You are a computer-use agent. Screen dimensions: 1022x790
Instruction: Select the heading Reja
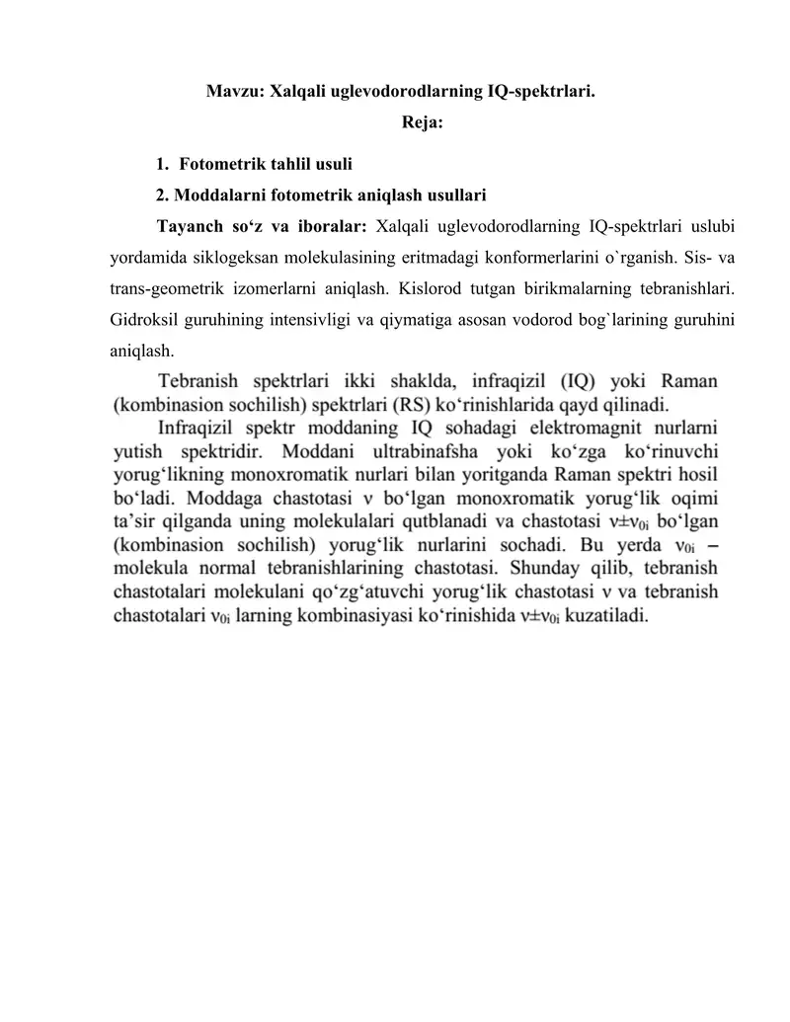(422, 123)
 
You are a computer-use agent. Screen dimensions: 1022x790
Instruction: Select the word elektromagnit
(545, 428)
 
